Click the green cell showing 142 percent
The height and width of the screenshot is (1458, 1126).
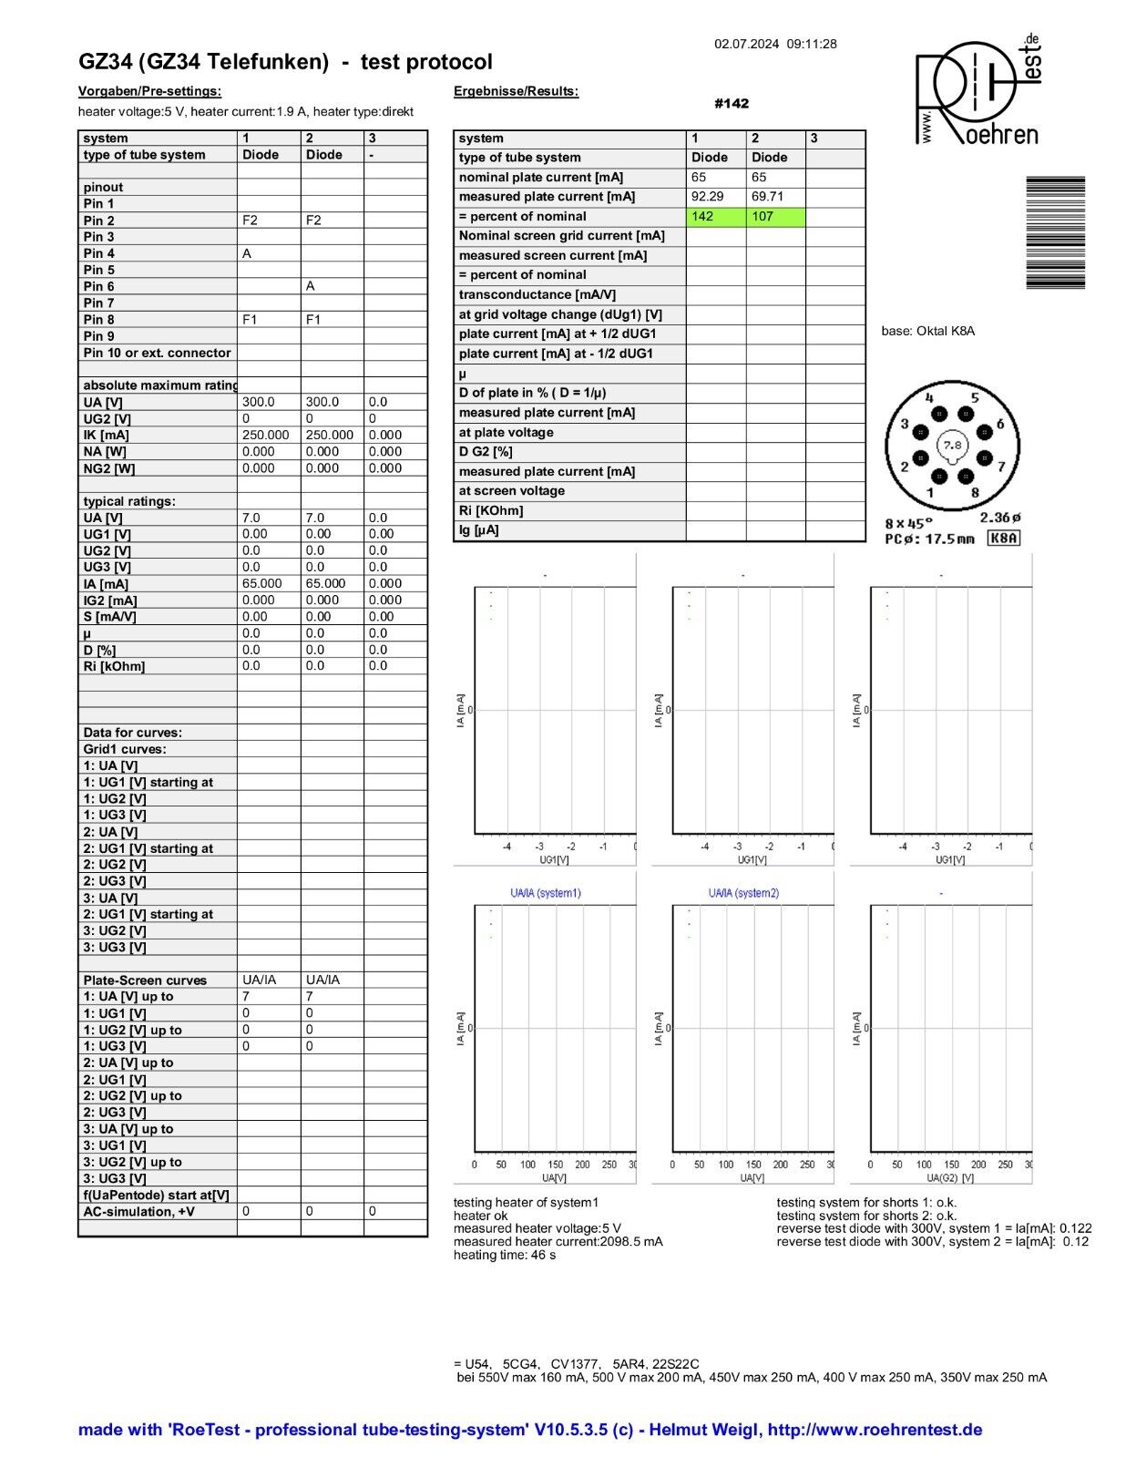[x=715, y=217]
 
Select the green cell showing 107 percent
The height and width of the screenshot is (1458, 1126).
[x=775, y=217]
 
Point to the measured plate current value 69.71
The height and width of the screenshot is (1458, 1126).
[x=767, y=197]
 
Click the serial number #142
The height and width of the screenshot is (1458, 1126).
[x=732, y=104]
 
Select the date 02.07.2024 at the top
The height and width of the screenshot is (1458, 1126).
[x=746, y=44]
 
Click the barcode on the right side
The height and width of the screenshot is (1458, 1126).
[x=1055, y=232]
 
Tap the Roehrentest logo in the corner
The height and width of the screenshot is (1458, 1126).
[x=978, y=91]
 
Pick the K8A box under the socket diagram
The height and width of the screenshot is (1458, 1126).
[x=1003, y=539]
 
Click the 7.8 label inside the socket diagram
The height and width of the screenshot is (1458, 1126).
[x=952, y=446]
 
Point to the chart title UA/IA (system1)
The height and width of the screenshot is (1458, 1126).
[x=545, y=893]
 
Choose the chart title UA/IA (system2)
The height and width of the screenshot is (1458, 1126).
[x=743, y=893]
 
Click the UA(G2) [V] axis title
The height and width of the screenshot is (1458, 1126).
[x=942, y=1178]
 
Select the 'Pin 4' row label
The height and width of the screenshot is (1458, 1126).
[x=99, y=253]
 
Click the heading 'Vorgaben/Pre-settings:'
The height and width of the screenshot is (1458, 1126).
[x=149, y=91]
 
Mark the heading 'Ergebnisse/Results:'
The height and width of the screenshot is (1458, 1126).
[x=516, y=91]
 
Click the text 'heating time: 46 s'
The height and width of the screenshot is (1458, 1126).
[x=505, y=1255]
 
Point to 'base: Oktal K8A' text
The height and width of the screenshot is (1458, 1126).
[x=927, y=331]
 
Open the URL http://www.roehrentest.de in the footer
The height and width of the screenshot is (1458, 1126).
[x=875, y=1430]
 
